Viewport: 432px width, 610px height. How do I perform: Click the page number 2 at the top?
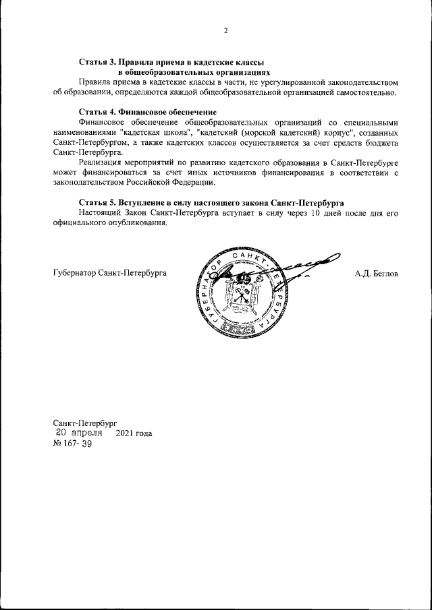pos(225,30)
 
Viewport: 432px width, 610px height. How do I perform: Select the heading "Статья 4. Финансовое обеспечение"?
pos(147,111)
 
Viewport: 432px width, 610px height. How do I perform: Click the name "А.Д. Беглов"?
pos(377,274)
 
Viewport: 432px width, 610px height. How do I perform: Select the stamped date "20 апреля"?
pos(79,433)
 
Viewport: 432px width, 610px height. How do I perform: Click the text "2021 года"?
pos(134,433)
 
